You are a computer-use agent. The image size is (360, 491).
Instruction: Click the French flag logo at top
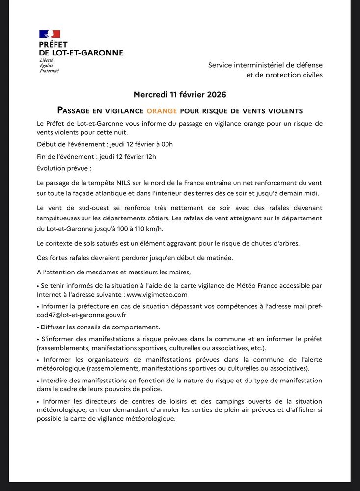(50, 34)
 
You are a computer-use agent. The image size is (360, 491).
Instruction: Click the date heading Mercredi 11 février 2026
(180, 94)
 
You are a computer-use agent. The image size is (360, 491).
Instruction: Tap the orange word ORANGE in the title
(162, 111)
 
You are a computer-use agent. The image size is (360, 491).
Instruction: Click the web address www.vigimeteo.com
(157, 295)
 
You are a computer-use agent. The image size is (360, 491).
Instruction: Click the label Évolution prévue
(64, 168)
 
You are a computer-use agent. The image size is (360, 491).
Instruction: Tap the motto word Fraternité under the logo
(49, 71)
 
